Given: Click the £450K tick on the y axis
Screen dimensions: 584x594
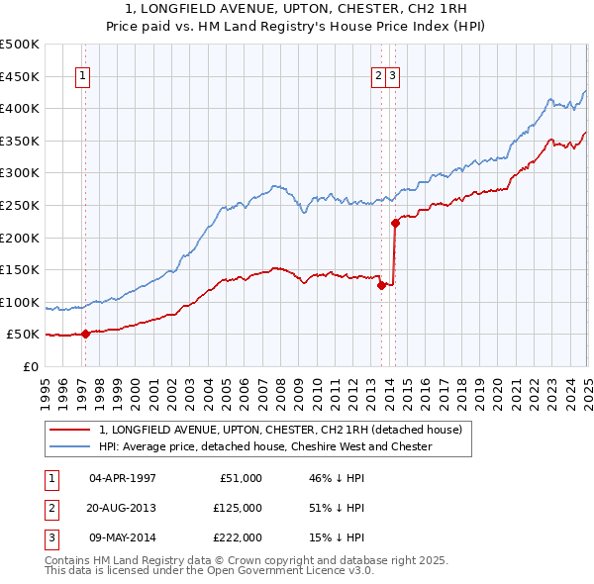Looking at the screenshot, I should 20,76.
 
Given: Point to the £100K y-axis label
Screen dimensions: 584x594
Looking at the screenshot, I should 20,302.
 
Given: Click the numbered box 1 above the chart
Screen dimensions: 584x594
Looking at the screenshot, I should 83,75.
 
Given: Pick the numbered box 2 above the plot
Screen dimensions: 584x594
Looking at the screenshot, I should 379,75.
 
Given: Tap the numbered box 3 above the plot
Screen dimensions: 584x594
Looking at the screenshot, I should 393,75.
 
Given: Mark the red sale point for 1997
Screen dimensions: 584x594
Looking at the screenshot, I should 85,334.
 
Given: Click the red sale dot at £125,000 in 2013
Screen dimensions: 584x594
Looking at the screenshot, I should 381,286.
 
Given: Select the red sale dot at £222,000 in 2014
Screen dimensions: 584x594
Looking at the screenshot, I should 395,223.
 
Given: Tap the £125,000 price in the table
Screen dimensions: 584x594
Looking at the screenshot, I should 238,508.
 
